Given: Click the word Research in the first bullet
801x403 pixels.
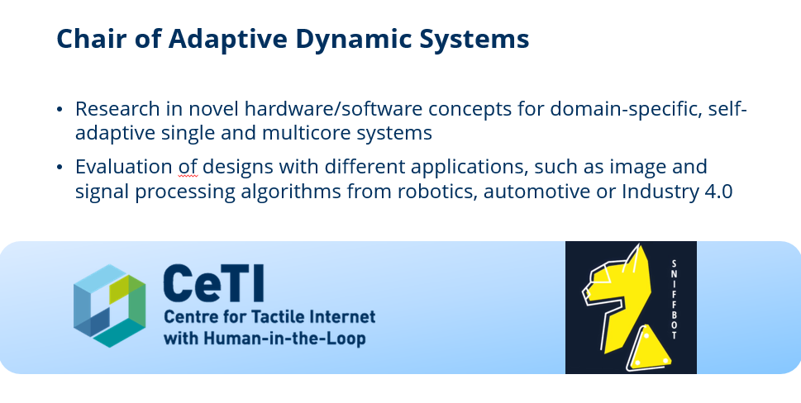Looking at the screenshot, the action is click(x=117, y=109).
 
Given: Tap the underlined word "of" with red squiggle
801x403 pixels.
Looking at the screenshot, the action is click(x=188, y=167).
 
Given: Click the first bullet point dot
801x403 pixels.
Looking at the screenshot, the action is click(x=60, y=109).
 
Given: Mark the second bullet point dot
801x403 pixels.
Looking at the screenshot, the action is click(x=60, y=168).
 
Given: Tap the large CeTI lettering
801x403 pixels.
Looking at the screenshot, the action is click(x=214, y=283).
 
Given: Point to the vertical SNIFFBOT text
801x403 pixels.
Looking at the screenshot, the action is click(x=674, y=300).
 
